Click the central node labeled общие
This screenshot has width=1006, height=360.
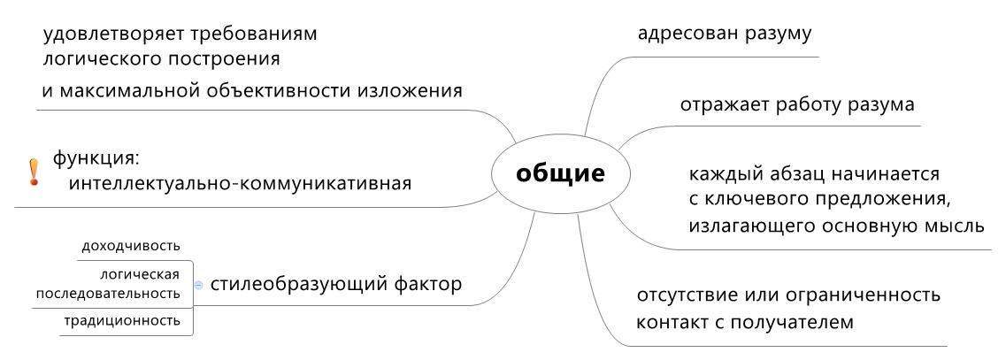pyautogui.click(x=560, y=173)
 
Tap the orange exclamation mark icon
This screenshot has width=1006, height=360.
pyautogui.click(x=34, y=172)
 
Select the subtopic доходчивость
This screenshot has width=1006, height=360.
pyautogui.click(x=131, y=246)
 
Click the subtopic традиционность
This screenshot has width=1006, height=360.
pyautogui.click(x=122, y=321)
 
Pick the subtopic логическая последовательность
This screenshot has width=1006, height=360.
pyautogui.click(x=113, y=283)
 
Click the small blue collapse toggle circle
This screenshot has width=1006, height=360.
pyautogui.click(x=199, y=285)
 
